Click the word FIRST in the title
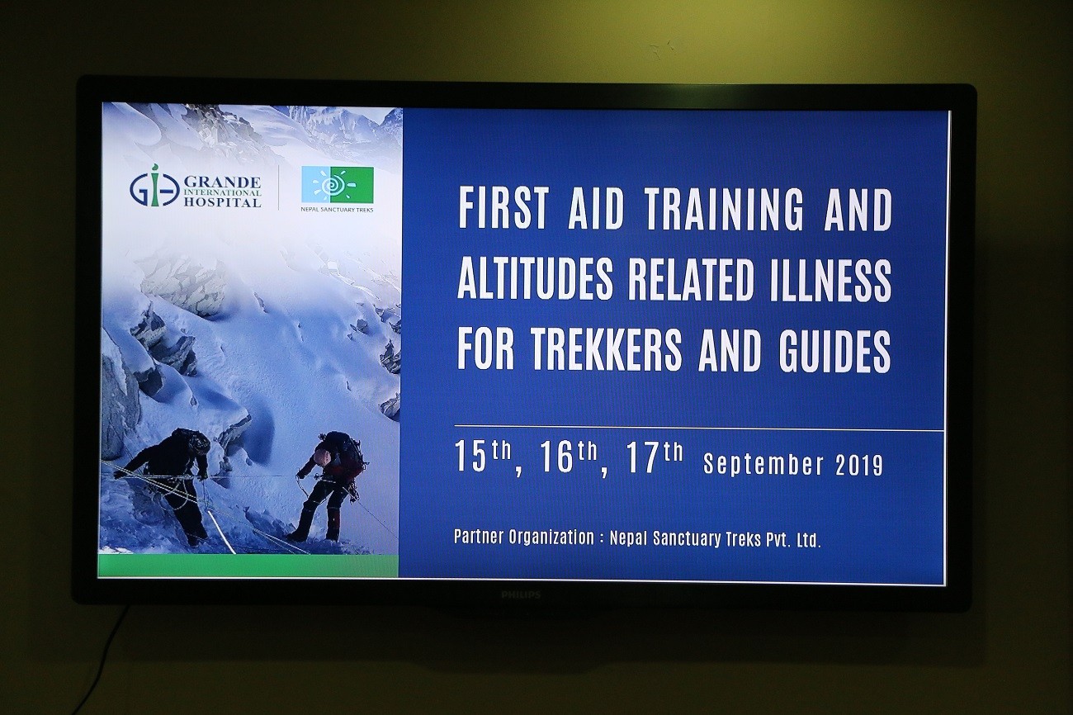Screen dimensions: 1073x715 [x=503, y=210]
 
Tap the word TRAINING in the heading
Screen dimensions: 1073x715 [x=725, y=210]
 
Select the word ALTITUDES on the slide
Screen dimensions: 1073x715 [x=535, y=280]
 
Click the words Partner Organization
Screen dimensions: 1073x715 [x=524, y=537]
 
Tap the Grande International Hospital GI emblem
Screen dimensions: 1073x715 [x=154, y=186]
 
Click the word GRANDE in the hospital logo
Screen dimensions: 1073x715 [x=223, y=182]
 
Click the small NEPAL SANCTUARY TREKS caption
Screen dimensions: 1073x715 [x=338, y=210]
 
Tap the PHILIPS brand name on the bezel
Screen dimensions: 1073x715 [x=521, y=594]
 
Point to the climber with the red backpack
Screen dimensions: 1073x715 [x=330, y=485]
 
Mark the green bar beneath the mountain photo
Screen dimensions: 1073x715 [x=248, y=566]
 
